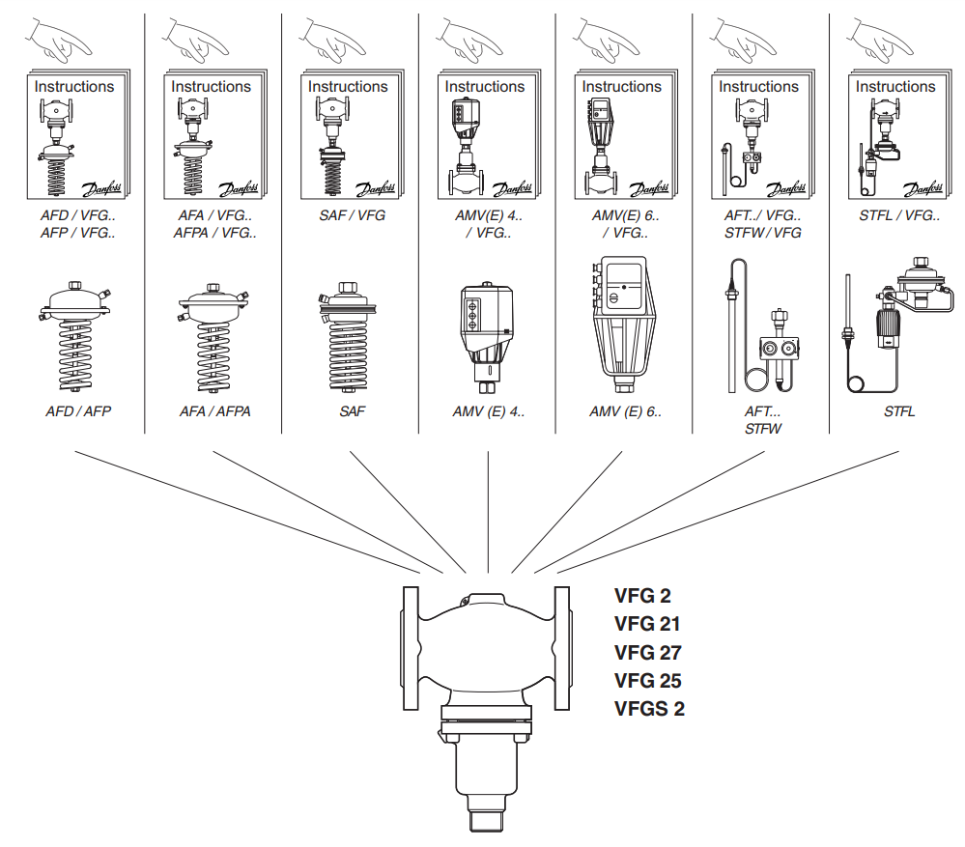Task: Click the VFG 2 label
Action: pyautogui.click(x=642, y=595)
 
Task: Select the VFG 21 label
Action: pyautogui.click(x=647, y=624)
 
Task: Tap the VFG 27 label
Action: pyautogui.click(x=648, y=652)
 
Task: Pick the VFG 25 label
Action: pyautogui.click(x=648, y=681)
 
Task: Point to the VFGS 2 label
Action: pyautogui.click(x=649, y=709)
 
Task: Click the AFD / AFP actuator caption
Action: pyautogui.click(x=78, y=411)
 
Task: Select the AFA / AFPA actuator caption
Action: pyautogui.click(x=214, y=411)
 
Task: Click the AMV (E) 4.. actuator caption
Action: pyautogui.click(x=489, y=411)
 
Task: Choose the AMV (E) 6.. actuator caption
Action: pyautogui.click(x=626, y=411)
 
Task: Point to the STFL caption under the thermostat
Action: pyautogui.click(x=898, y=411)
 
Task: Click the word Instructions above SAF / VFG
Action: pyautogui.click(x=348, y=86)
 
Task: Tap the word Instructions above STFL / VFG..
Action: pyautogui.click(x=895, y=86)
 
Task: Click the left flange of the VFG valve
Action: pyautogui.click(x=411, y=649)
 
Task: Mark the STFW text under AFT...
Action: pyautogui.click(x=763, y=428)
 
